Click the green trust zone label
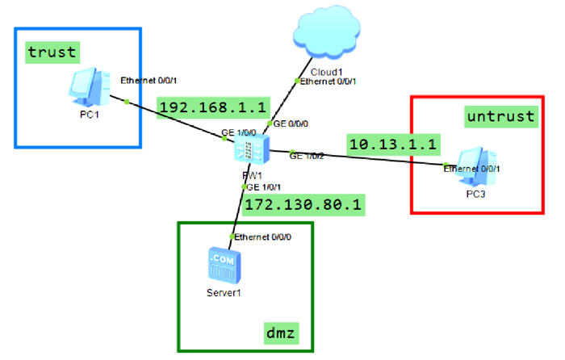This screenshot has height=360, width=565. point(52,52)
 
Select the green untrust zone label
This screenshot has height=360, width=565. point(500,117)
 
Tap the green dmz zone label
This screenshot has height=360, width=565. point(282,331)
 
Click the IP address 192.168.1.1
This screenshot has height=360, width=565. point(202,107)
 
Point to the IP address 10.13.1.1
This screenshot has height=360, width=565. point(393,143)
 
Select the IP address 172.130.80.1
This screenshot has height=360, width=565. point(304,204)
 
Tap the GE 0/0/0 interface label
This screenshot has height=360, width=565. point(292,124)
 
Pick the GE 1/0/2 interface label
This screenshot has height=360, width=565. point(308,155)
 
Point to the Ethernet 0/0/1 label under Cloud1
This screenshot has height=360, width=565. point(329,81)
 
